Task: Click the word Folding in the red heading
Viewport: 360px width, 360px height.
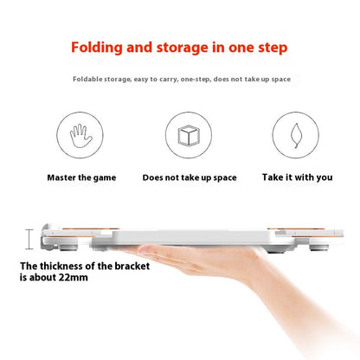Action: point(97,48)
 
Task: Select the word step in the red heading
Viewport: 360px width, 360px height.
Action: point(273,48)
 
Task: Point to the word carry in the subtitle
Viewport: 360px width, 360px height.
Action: point(168,80)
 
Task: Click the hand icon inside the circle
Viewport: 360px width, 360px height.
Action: point(81,136)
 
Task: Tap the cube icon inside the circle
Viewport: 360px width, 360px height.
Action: point(189,135)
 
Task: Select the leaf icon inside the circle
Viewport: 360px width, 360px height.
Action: point(296,136)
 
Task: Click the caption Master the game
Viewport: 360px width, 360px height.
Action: point(81,177)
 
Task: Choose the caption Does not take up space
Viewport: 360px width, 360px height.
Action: point(190,177)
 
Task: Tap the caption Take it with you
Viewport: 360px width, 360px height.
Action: point(297,177)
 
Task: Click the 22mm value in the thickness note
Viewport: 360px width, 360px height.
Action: point(74,277)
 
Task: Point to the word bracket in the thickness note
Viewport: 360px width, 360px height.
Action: point(132,266)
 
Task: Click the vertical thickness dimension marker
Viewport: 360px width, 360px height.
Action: point(29,239)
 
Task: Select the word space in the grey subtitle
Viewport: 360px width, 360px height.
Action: point(280,80)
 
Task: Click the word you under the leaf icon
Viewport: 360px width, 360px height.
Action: point(325,177)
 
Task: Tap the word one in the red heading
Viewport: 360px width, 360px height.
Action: point(241,48)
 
